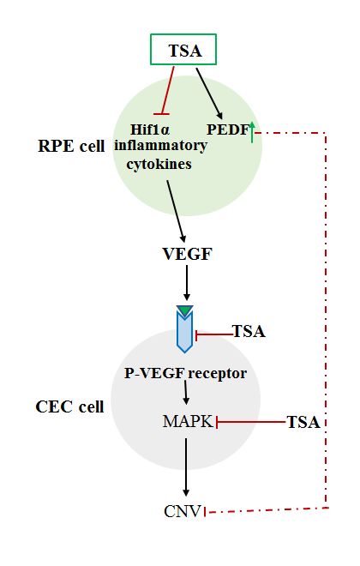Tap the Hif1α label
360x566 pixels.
(150, 129)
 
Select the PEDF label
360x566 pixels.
(228, 129)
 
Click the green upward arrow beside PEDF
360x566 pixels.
(252, 132)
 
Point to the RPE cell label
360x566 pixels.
(71, 146)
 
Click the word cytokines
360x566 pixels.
(159, 164)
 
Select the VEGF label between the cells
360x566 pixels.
(187, 254)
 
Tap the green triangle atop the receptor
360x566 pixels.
(184, 310)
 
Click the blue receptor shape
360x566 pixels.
(184, 331)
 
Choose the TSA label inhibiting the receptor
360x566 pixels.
(249, 331)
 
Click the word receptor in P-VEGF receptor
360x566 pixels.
(217, 373)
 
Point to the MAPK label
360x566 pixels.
(188, 421)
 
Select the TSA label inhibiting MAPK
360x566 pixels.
(303, 422)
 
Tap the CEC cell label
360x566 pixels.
(69, 406)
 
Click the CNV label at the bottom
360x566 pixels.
(183, 511)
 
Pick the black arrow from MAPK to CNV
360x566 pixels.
(186, 467)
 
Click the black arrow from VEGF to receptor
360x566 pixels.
(187, 283)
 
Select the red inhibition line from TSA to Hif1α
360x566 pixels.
(167, 90)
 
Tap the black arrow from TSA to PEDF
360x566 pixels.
(209, 93)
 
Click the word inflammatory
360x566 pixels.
(160, 146)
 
